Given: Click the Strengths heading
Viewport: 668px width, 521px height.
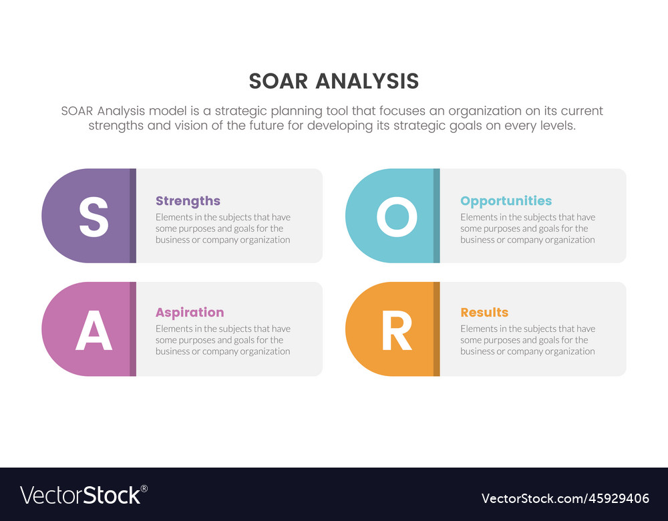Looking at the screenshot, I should (188, 200).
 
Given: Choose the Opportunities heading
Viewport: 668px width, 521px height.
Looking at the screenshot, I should (506, 200).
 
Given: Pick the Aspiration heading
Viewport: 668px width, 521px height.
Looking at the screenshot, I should (190, 312).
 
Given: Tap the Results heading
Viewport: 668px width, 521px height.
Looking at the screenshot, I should (484, 312).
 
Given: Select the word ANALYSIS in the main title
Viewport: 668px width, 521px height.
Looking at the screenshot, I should (367, 81).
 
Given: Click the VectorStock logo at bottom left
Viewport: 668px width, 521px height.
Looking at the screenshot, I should (83, 495).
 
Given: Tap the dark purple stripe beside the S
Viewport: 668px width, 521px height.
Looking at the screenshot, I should (133, 216).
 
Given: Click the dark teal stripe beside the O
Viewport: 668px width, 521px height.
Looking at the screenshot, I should (436, 216).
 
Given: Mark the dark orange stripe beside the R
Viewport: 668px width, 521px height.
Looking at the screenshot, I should (436, 329).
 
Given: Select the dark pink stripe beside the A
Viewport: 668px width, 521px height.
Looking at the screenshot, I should (133, 329).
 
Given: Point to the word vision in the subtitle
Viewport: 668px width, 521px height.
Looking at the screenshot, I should (192, 126).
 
